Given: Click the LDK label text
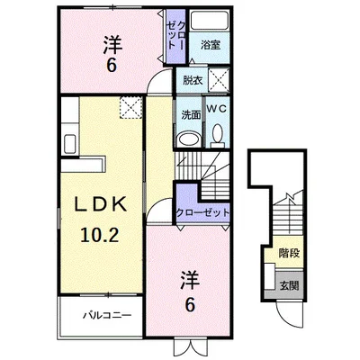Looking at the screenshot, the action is point(101,205).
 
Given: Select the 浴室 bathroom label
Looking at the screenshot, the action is point(211,45).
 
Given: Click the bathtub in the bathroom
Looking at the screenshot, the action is point(209,21).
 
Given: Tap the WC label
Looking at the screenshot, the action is point(217,109).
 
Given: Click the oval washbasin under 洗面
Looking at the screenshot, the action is point(189,140).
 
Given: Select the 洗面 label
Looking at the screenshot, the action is point(191,115).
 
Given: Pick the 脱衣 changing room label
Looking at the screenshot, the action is point(193,80).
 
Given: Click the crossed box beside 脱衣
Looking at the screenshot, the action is point(219,80).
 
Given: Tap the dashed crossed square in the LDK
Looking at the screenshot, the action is point(131,107).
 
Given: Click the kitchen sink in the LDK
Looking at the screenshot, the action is point(70,143).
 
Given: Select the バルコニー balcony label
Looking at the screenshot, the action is point(107,315).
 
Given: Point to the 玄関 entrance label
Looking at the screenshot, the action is point(290,285).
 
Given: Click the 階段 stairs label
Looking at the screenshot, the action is point(289,254).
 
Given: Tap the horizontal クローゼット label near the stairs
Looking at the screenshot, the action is point(202,212).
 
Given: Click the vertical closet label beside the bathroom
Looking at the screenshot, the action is point(176,35).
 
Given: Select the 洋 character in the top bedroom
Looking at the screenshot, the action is point(112,45).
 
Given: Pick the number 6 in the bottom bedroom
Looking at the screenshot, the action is point(190,304).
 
